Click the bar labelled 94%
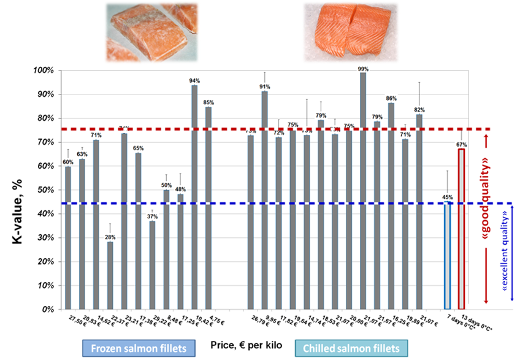pos(194,196)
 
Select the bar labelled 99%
pos(363,190)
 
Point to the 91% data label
pos(265,86)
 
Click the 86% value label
pos(391,98)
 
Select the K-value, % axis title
pos(17,191)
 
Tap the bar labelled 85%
pos(208,208)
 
